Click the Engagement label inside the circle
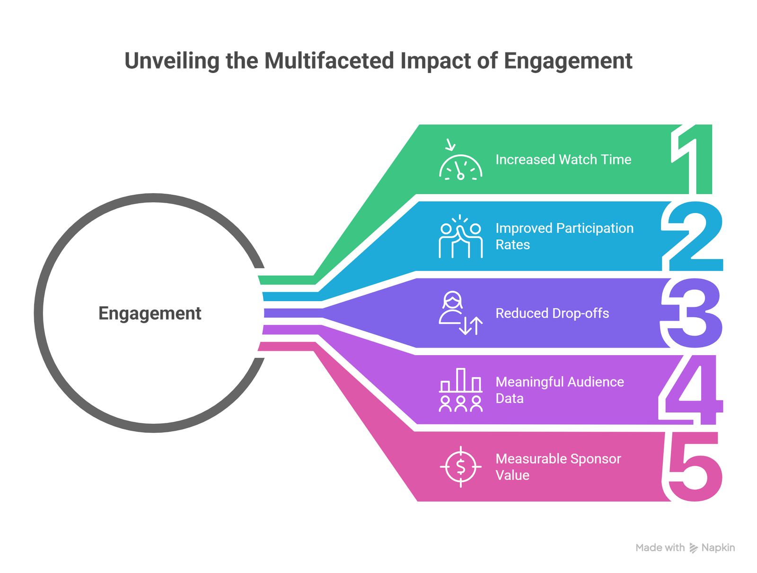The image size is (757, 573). [150, 313]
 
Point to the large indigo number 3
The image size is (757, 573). [693, 313]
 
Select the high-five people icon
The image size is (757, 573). [460, 237]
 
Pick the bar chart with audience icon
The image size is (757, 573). [460, 390]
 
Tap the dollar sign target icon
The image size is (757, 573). [460, 467]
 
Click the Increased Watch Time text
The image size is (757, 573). [563, 160]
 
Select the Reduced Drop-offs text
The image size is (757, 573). [552, 313]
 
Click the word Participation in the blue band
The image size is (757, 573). [595, 228]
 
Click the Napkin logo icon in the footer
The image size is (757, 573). [693, 548]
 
